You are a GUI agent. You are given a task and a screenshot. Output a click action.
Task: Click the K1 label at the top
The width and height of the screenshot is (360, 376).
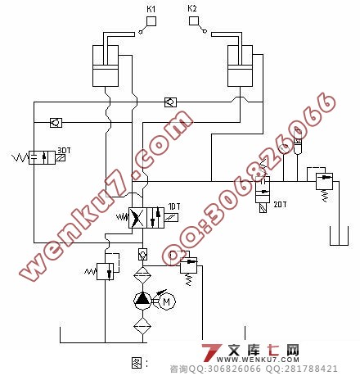click(151, 9)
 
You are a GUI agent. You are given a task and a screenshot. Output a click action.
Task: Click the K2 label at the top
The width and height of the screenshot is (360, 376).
click(192, 8)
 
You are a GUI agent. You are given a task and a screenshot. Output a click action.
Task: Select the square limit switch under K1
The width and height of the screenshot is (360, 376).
click(151, 21)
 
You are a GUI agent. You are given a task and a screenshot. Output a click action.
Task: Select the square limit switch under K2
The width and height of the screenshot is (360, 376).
click(194, 21)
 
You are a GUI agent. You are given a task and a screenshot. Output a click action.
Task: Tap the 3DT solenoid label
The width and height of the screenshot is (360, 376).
click(64, 151)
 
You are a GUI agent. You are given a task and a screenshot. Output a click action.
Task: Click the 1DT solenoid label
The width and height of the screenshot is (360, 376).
click(174, 206)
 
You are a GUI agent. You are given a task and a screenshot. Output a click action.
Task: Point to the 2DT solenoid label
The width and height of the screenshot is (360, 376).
click(280, 204)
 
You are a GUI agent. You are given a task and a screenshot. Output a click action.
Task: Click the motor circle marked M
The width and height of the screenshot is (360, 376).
click(166, 301)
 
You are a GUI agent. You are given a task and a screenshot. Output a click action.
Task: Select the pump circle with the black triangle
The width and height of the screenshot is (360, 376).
click(142, 301)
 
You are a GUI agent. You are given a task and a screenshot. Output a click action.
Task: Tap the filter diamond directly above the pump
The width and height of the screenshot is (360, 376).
click(142, 275)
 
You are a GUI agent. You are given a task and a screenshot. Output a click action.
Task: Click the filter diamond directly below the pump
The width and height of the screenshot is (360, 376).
click(142, 326)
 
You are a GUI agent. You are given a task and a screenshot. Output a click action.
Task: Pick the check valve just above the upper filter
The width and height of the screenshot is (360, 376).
click(142, 254)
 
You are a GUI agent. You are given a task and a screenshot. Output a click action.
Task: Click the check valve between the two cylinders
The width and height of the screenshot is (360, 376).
click(170, 102)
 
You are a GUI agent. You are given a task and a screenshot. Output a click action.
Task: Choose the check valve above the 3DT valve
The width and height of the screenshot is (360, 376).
click(56, 123)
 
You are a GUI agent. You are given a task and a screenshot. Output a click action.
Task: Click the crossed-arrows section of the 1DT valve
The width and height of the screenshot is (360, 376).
click(137, 218)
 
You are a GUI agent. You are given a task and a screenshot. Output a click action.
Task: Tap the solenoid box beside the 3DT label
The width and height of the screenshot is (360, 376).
click(61, 157)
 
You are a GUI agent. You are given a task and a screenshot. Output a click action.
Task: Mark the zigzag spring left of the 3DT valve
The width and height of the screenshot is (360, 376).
click(21, 157)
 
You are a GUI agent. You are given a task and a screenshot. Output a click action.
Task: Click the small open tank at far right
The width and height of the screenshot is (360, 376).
click(339, 236)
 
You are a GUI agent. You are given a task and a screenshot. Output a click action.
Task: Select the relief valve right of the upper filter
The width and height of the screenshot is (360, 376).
click(188, 265)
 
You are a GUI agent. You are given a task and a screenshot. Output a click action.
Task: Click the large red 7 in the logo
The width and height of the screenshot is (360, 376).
click(210, 352)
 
